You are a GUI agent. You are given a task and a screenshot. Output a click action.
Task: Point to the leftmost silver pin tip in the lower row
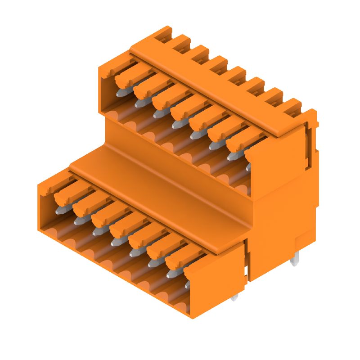[x=59, y=210]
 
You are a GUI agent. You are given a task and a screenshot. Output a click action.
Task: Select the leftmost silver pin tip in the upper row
[x=121, y=93]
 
